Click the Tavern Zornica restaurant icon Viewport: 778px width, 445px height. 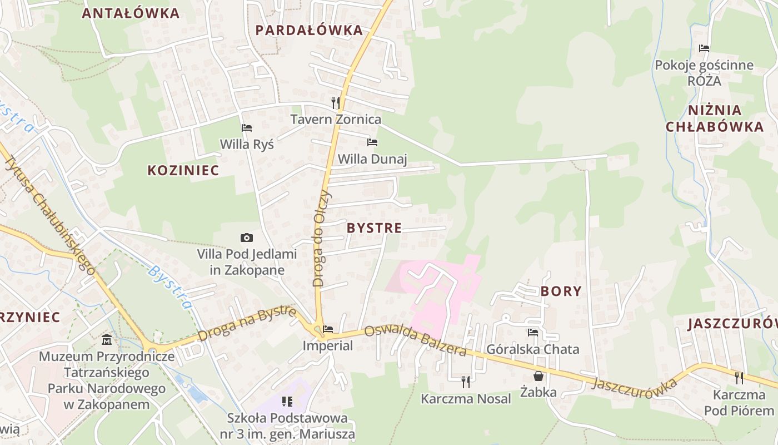(x=335, y=102)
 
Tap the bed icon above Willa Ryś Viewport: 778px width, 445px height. (x=247, y=128)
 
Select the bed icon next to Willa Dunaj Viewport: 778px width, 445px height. (x=372, y=142)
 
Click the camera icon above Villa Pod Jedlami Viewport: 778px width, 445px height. (x=247, y=238)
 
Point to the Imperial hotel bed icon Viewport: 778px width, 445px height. (x=328, y=329)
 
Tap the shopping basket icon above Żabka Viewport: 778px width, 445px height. (x=538, y=376)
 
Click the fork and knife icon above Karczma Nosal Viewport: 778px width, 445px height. (x=466, y=382)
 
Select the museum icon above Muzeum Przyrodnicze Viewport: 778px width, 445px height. (x=107, y=339)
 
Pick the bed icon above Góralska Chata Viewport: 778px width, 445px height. (x=533, y=333)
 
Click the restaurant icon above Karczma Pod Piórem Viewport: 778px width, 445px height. (x=739, y=378)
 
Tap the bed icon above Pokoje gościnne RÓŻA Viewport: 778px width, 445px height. (x=704, y=48)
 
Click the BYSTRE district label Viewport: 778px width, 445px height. (x=374, y=228)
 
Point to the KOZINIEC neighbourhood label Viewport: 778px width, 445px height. (x=183, y=171)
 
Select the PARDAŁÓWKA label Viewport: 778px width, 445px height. (x=309, y=31)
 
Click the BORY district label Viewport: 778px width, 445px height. (x=561, y=291)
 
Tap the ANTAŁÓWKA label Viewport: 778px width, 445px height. (x=131, y=13)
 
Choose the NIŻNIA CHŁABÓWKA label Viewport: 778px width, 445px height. (x=715, y=118)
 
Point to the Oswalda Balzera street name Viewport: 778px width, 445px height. (x=415, y=340)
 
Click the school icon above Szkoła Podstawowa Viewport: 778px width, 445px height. (x=287, y=401)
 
